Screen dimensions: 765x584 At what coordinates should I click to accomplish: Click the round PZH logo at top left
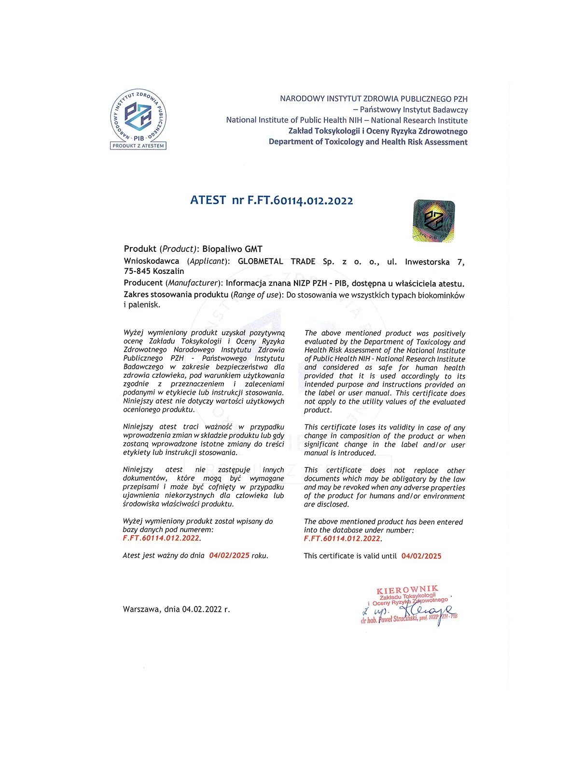(x=139, y=116)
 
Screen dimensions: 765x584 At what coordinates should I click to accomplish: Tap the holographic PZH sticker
(x=434, y=221)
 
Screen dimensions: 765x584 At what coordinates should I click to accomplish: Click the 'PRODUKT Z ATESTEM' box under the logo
(x=139, y=146)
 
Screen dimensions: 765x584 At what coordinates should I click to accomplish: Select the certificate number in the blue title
(x=300, y=201)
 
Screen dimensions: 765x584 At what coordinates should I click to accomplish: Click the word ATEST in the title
(x=208, y=200)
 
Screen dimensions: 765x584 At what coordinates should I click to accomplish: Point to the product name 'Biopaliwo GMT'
(x=232, y=249)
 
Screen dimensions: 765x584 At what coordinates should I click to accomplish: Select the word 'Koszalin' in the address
(x=168, y=271)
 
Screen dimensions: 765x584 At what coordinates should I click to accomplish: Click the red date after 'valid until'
(x=421, y=556)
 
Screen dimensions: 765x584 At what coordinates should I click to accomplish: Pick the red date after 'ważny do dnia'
(x=229, y=556)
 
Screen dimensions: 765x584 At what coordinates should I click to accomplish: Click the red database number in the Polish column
(x=161, y=538)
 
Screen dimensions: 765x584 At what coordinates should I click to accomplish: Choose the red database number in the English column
(x=342, y=539)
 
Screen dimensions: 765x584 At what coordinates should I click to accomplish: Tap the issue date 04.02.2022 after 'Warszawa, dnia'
(x=202, y=609)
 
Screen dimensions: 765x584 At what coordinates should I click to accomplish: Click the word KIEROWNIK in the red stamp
(x=407, y=590)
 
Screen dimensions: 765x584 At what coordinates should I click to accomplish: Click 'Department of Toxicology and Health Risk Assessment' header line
(x=368, y=142)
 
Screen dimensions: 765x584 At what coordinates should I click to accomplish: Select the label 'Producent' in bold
(x=143, y=283)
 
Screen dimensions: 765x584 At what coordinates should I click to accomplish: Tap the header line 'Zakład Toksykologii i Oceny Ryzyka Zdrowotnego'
(x=378, y=131)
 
